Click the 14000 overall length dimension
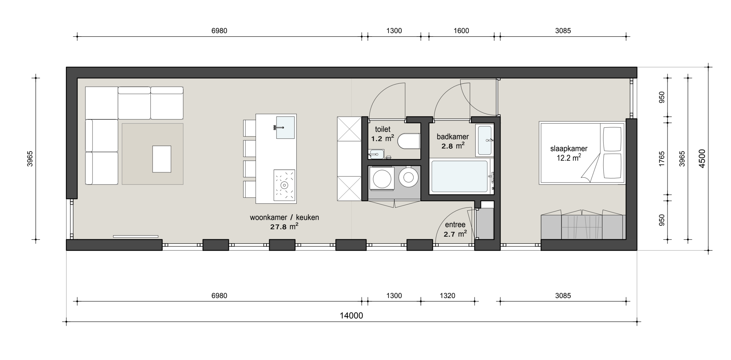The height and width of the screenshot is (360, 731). [x=351, y=315]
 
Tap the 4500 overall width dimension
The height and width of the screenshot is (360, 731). [x=702, y=158]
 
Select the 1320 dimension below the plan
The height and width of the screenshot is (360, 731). [x=447, y=295]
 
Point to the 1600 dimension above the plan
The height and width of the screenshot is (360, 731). [x=461, y=31]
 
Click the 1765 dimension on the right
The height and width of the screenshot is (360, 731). [x=662, y=158]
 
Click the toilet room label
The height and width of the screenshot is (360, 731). [x=383, y=129]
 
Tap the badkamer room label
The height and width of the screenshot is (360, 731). [x=453, y=136]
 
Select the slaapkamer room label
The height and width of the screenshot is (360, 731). [x=569, y=149]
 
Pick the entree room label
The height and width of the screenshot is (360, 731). [x=455, y=225]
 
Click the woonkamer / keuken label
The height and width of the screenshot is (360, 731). [x=284, y=217]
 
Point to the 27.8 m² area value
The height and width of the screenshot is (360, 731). [x=284, y=227]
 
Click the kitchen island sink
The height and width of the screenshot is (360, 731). [x=285, y=127]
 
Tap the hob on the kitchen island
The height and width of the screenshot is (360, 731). [x=284, y=185]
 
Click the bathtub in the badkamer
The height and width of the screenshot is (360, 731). [x=460, y=176]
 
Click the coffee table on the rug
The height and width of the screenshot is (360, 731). [x=162, y=159]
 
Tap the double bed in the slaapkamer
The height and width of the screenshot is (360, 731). [x=582, y=153]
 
